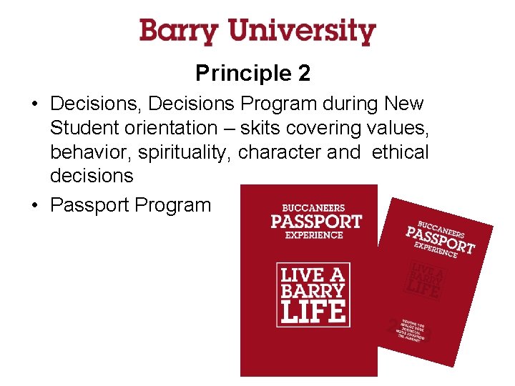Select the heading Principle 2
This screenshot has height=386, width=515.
click(x=252, y=73)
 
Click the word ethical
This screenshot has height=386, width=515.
click(x=400, y=152)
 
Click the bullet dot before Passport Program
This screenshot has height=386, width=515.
click(x=35, y=206)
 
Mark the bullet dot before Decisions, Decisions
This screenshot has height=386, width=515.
click(x=35, y=104)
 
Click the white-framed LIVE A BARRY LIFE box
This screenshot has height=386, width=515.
click(x=313, y=295)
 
